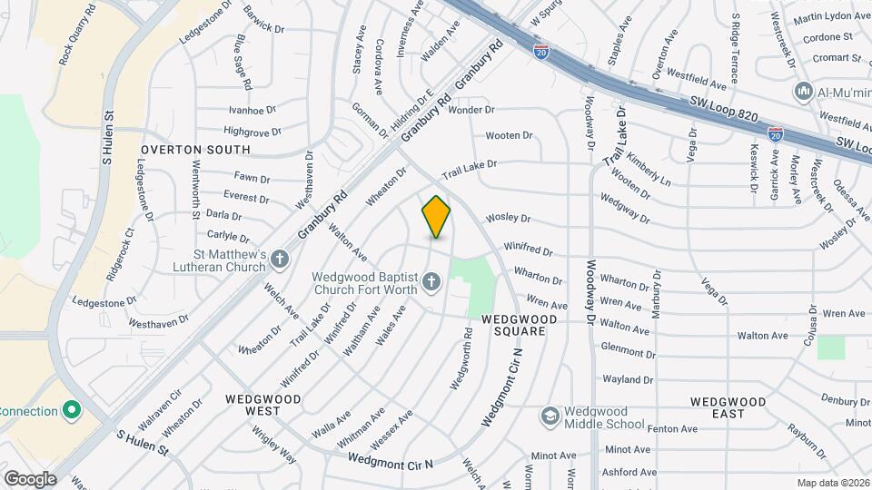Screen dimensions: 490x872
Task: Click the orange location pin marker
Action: click(436, 216)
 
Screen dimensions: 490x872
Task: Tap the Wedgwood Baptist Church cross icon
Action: click(431, 285)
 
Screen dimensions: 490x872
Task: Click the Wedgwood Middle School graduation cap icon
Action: click(549, 416)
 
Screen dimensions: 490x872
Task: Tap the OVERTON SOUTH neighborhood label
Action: click(195, 149)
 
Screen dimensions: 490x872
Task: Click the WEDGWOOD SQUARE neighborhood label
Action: click(513, 325)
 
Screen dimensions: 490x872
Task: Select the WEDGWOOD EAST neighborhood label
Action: click(728, 407)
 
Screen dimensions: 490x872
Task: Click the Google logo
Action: click(30, 478)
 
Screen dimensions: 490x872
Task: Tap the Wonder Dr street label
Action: click(471, 110)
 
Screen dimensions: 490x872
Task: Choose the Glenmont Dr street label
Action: click(628, 351)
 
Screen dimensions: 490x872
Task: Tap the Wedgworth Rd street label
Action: click(461, 358)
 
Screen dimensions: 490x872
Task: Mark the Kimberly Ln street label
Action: click(648, 169)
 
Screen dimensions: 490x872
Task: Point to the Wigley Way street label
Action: click(274, 448)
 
